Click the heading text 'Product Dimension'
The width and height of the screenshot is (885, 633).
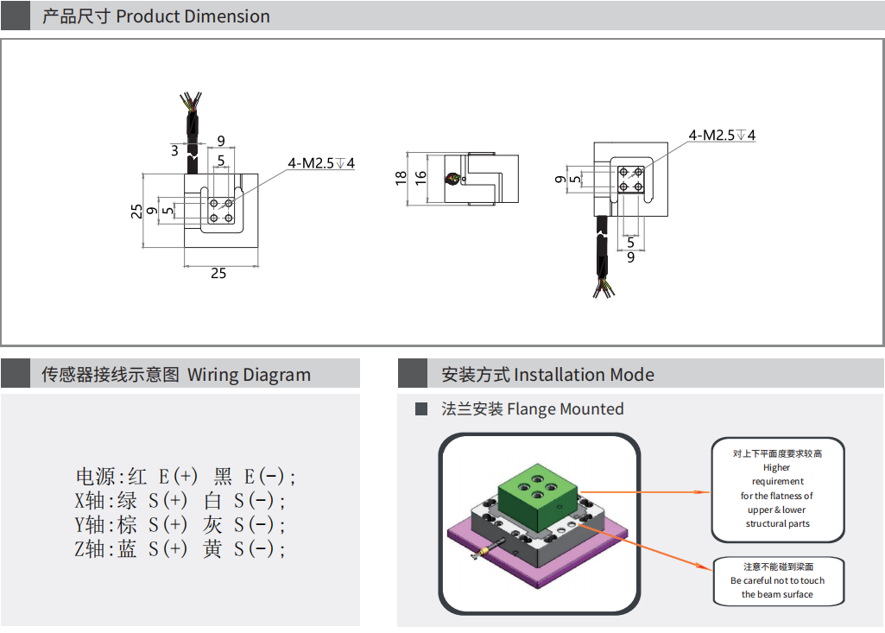(193, 16)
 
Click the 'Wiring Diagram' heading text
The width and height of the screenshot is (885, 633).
(249, 375)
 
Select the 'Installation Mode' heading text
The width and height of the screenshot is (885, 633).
(584, 375)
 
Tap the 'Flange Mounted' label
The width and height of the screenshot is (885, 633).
(565, 409)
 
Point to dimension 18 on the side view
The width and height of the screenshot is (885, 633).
(401, 177)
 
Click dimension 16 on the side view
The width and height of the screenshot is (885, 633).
(420, 177)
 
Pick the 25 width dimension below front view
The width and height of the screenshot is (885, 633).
(218, 273)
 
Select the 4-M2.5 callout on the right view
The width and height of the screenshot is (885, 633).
(722, 136)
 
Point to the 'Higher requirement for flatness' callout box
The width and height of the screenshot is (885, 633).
(777, 489)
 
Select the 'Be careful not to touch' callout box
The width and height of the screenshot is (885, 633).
(777, 581)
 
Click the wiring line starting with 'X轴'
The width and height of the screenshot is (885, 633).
(180, 501)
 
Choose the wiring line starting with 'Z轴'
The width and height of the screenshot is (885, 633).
(180, 549)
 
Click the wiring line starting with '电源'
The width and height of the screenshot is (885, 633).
(186, 477)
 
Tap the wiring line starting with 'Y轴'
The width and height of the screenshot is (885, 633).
(180, 525)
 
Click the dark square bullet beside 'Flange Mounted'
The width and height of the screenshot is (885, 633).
(421, 409)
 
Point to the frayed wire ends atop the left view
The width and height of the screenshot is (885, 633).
(192, 99)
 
